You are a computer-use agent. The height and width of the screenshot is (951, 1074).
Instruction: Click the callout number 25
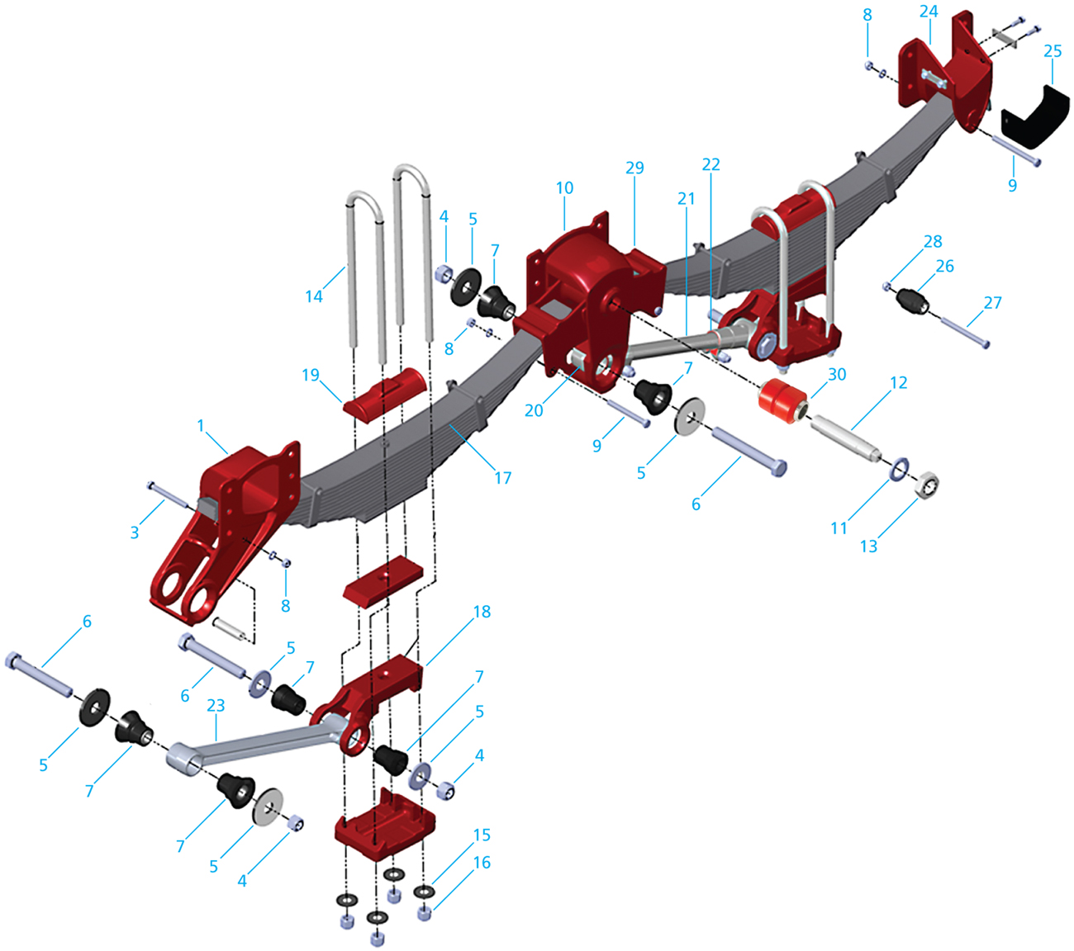tap(1052, 51)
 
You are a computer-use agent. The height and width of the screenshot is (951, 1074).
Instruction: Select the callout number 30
tap(837, 374)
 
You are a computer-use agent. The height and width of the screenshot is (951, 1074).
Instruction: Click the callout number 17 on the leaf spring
tap(502, 477)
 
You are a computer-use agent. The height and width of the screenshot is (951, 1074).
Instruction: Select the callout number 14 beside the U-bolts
tap(314, 296)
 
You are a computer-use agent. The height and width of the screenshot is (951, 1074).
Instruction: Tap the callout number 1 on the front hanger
tap(200, 425)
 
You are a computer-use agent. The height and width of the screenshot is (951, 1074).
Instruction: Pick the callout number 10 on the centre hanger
tap(564, 187)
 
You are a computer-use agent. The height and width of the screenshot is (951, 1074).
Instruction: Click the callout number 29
tap(634, 168)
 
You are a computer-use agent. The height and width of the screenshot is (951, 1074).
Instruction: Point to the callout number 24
tap(929, 12)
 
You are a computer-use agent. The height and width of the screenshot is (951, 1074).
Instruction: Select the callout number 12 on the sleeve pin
tap(898, 382)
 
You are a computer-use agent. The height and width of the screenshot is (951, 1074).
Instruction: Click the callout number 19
tap(310, 376)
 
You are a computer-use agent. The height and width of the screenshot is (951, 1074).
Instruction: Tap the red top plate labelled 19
tap(387, 394)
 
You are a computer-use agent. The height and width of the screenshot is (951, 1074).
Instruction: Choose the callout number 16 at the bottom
tap(482, 862)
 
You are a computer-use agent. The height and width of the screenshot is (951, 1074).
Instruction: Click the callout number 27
tap(992, 302)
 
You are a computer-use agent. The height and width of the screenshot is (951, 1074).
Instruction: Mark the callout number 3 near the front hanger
tap(135, 532)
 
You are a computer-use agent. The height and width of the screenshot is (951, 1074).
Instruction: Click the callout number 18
tap(482, 611)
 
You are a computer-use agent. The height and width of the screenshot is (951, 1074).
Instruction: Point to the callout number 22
tap(710, 164)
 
